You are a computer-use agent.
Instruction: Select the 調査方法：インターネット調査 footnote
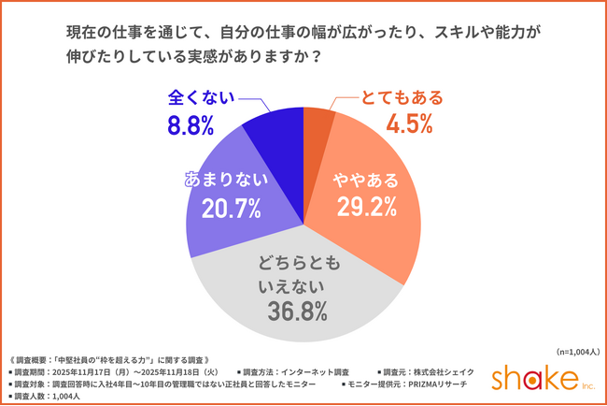tap(295, 370)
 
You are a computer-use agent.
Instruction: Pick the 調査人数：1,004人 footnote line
tap(46, 397)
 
